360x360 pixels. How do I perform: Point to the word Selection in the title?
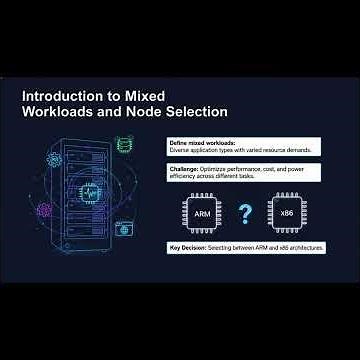193,112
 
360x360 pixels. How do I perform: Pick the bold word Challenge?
183,170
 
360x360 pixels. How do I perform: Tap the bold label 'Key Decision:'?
187,245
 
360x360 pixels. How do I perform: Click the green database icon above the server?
123,144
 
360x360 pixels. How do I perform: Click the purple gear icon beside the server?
44,212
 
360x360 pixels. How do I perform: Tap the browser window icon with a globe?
123,229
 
